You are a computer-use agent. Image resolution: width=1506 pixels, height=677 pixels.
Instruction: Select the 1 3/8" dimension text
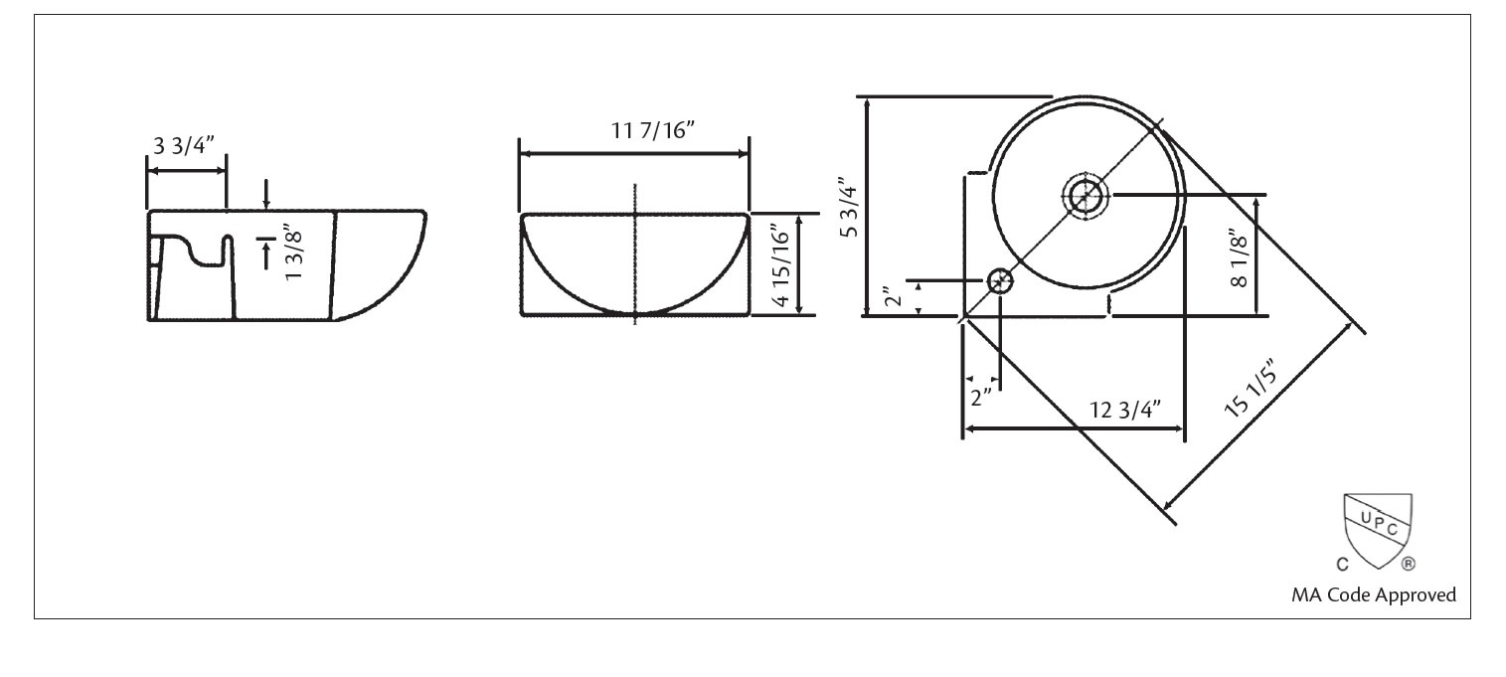pos(293,254)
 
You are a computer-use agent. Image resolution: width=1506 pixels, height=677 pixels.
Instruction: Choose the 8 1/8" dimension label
pos(1236,258)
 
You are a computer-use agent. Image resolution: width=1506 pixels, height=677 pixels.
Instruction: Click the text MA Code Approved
pos(1373,595)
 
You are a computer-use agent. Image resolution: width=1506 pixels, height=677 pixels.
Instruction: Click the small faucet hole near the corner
pos(1000,281)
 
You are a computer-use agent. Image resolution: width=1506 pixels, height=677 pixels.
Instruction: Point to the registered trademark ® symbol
pos(1408,565)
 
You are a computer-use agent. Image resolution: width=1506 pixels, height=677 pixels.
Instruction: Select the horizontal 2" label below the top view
pos(981,398)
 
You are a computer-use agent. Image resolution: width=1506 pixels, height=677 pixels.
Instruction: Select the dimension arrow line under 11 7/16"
pos(634,154)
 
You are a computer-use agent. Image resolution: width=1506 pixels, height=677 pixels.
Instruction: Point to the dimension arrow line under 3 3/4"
pos(187,171)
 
